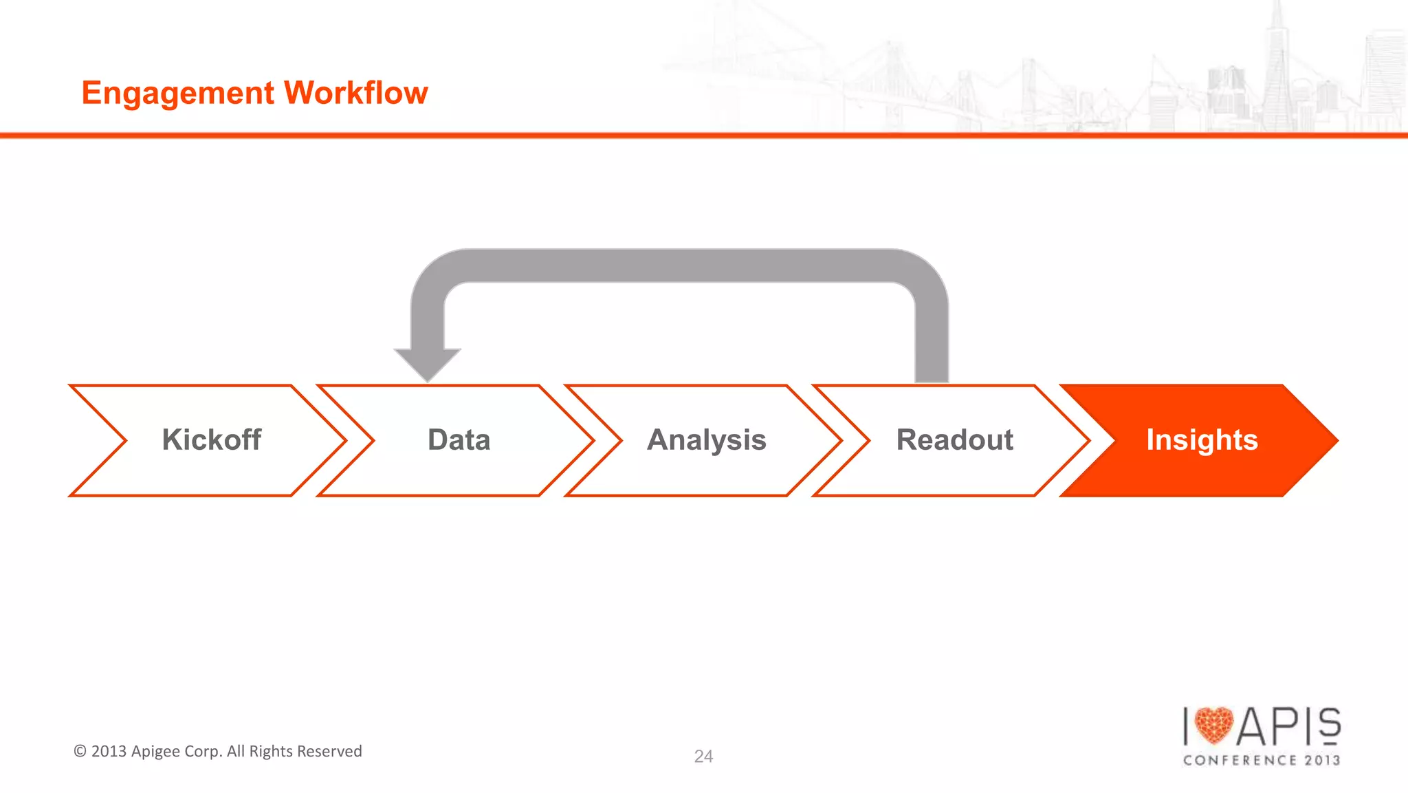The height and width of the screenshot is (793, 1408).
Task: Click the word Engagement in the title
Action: pyautogui.click(x=178, y=94)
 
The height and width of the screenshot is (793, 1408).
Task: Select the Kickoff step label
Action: pyautogui.click(x=211, y=440)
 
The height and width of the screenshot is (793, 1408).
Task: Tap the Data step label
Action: pyautogui.click(x=459, y=440)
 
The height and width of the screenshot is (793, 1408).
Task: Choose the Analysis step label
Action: pyautogui.click(x=707, y=440)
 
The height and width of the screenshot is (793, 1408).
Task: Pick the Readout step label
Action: pyautogui.click(x=954, y=440)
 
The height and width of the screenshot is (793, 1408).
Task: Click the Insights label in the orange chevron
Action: pyautogui.click(x=1202, y=440)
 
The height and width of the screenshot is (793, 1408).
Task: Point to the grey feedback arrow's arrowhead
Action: pyautogui.click(x=428, y=365)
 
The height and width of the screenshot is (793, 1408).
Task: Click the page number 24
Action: pyautogui.click(x=703, y=757)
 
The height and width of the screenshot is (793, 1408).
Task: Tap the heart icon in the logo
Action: pyautogui.click(x=1214, y=726)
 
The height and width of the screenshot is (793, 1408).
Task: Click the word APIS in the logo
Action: pyautogui.click(x=1289, y=726)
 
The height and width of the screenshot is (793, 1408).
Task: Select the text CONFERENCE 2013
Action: pyautogui.click(x=1262, y=760)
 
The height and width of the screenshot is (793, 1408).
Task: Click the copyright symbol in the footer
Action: pyautogui.click(x=80, y=751)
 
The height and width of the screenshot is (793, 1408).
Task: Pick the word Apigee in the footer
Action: pyautogui.click(x=155, y=752)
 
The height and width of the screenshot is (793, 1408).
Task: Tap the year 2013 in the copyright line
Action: pyautogui.click(x=109, y=751)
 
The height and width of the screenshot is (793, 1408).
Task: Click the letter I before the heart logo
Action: pyautogui.click(x=1186, y=726)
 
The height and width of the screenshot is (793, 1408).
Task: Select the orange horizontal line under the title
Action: pyautogui.click(x=704, y=135)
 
